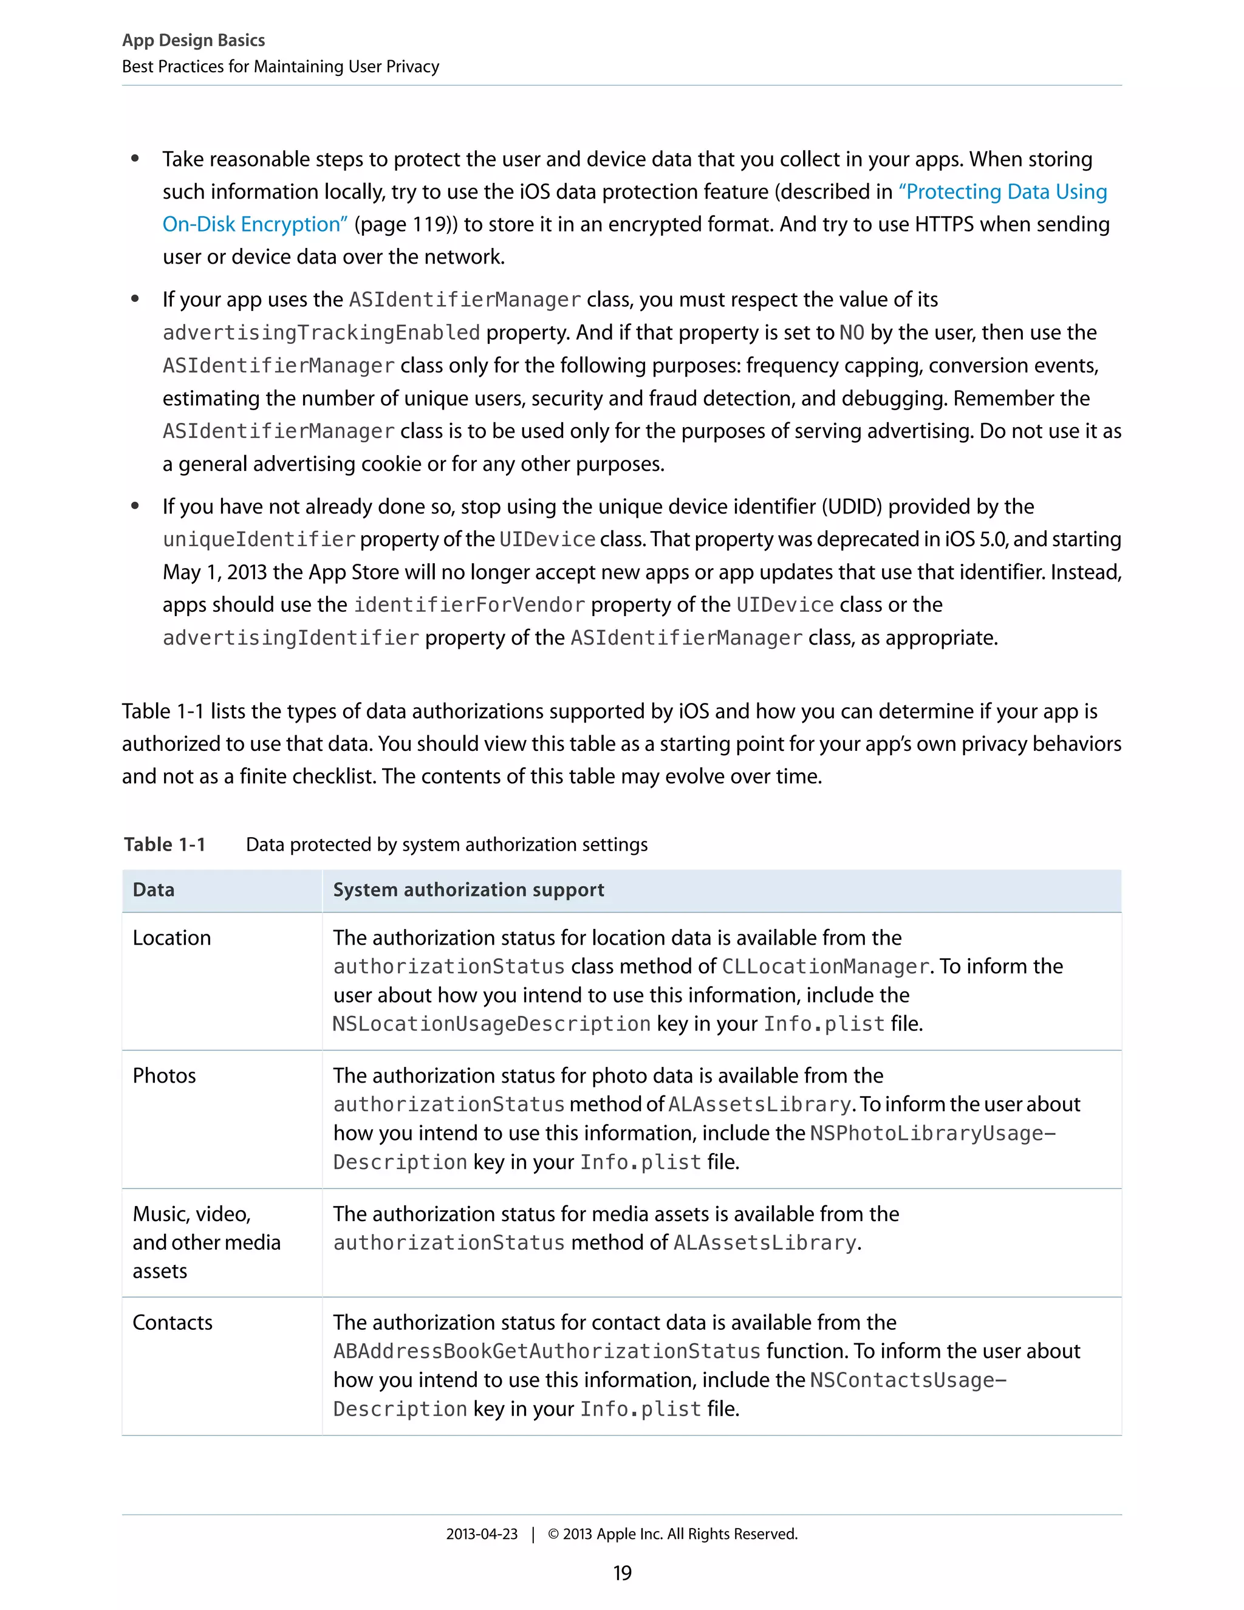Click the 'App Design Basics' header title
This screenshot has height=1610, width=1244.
coord(193,41)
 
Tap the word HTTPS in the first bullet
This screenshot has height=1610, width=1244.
coord(943,224)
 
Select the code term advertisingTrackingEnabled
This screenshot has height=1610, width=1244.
coord(321,332)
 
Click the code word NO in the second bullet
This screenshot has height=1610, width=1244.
coord(852,332)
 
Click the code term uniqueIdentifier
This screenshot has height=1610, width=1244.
coord(259,540)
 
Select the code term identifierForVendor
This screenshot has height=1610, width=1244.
coord(470,605)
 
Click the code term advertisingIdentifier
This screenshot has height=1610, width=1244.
coord(291,638)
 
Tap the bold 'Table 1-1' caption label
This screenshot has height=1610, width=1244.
coord(165,845)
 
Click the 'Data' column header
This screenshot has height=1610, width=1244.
coord(153,890)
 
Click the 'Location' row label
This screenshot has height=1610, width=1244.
coord(172,937)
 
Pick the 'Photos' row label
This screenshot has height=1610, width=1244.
coord(165,1075)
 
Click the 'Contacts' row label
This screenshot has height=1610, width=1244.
coord(173,1323)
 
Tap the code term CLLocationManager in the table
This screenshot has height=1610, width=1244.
coord(825,967)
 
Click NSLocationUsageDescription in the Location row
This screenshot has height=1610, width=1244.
coord(491,1024)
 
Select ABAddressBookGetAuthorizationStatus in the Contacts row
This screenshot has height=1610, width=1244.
coord(546,1351)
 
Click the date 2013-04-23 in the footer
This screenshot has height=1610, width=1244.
coord(482,1534)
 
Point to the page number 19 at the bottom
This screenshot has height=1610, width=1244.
coord(622,1573)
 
